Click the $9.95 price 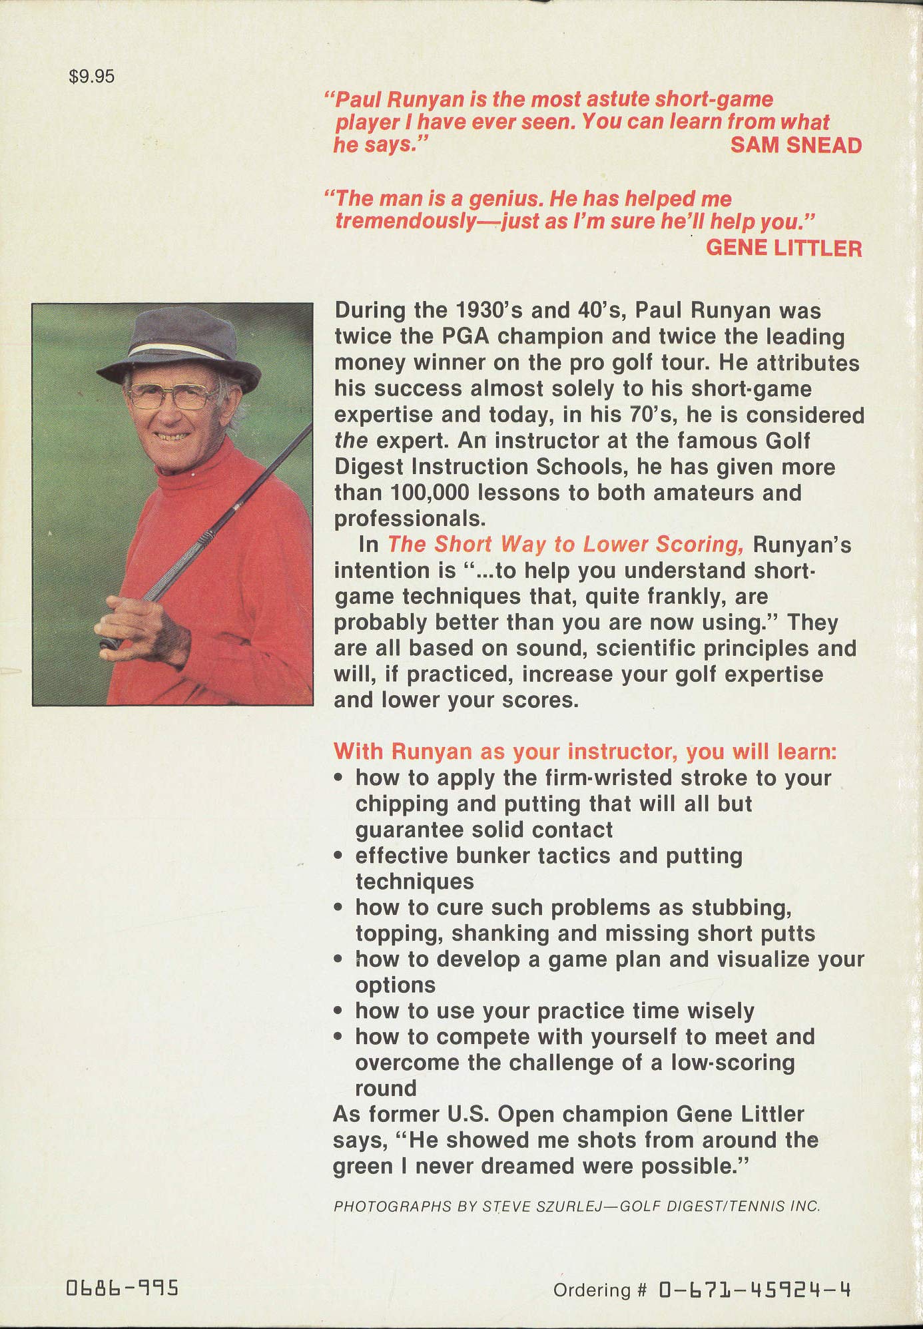click(x=91, y=77)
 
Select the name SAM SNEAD click(x=796, y=145)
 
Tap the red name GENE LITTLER click(x=784, y=248)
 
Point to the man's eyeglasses click(x=170, y=397)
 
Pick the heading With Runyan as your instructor click(x=584, y=751)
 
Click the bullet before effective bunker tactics click(x=340, y=856)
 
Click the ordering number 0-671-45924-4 click(x=755, y=1290)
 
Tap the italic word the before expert click(x=350, y=441)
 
